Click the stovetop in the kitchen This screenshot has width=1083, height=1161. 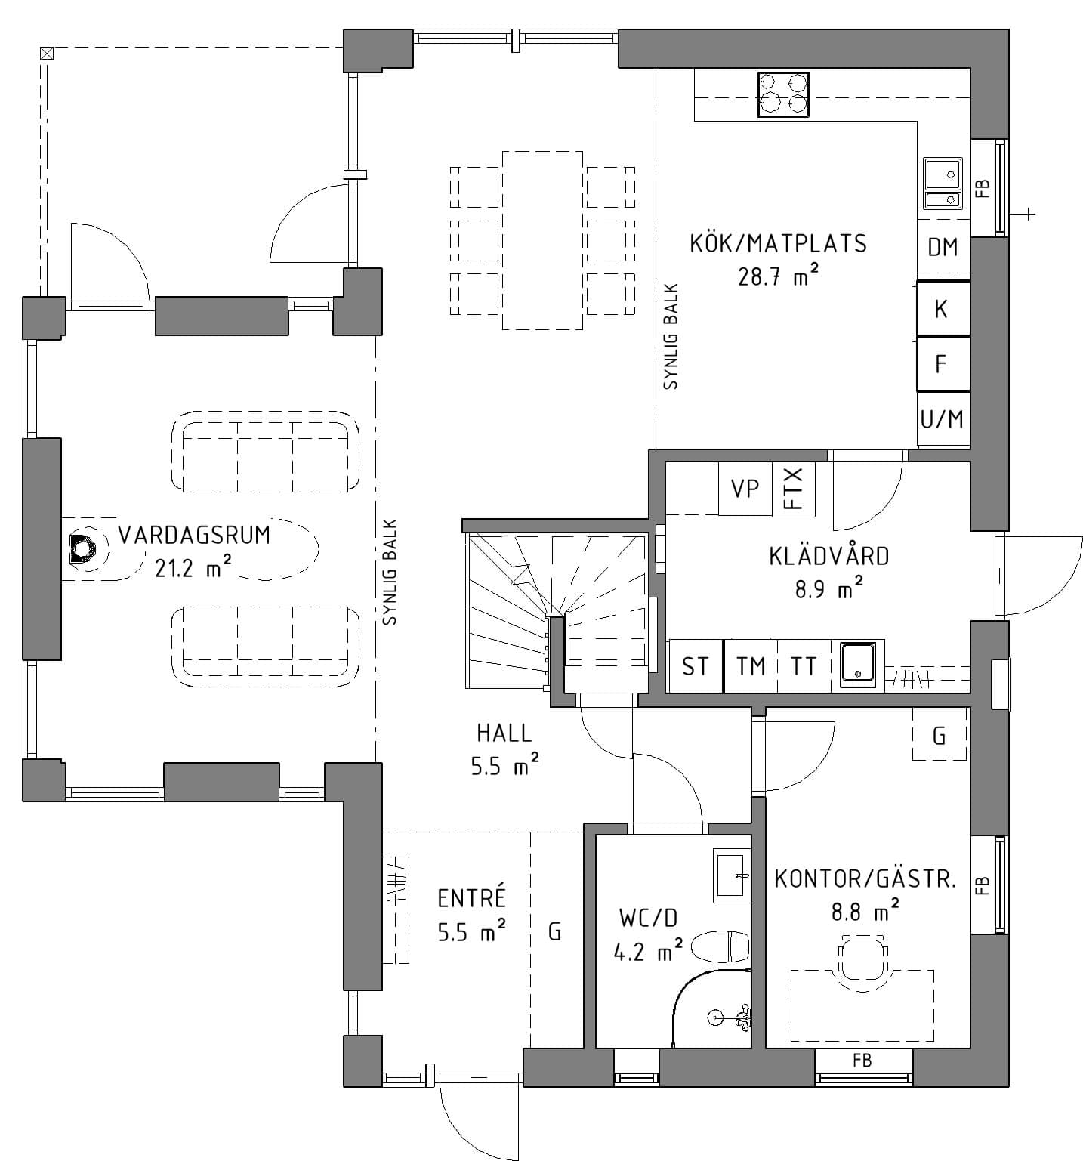pos(783,94)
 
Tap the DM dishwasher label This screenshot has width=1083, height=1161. pos(943,247)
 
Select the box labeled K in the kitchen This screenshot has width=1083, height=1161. pos(942,308)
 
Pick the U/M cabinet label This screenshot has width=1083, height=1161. pos(942,418)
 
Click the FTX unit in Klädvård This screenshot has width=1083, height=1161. pos(794,488)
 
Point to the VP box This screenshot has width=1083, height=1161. pos(745,489)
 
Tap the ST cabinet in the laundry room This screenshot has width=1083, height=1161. pos(695,665)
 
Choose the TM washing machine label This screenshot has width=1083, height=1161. pos(751,665)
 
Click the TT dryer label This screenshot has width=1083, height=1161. pos(804,665)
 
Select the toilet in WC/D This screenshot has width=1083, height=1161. pos(722,946)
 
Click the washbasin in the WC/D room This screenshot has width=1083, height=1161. pos(732,875)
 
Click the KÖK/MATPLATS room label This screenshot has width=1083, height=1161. pos(778,244)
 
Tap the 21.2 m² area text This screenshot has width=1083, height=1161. pos(193,568)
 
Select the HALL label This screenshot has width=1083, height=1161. pos(504,732)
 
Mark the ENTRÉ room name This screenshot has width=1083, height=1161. pos(471,898)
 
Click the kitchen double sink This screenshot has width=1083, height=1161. pos(943,183)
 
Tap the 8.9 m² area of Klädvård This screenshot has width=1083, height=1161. pos(828,589)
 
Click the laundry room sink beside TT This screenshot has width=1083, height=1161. pos(858,665)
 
